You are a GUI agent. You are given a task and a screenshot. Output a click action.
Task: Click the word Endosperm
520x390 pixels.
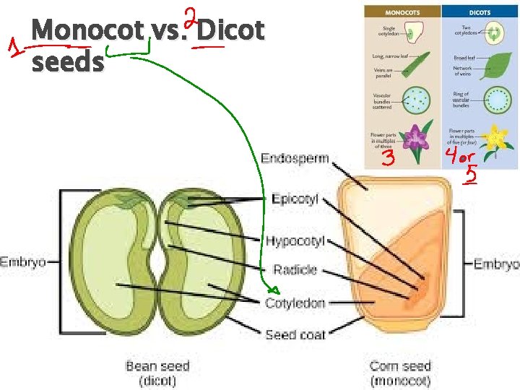click(x=294, y=158)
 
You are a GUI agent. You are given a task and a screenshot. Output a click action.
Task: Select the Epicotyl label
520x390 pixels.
click(x=294, y=199)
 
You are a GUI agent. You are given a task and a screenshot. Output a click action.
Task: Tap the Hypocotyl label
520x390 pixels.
click(x=295, y=240)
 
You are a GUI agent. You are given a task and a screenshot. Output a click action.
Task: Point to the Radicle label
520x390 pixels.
click(x=295, y=269)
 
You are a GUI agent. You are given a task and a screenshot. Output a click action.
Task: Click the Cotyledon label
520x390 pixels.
click(x=295, y=303)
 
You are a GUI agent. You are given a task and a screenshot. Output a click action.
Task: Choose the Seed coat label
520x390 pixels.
click(x=295, y=334)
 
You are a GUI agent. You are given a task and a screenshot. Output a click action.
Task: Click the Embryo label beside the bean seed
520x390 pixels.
click(x=22, y=261)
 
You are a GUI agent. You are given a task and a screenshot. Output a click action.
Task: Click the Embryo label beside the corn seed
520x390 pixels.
click(x=496, y=264)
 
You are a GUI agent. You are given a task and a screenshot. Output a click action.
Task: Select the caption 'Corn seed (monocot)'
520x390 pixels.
click(x=399, y=373)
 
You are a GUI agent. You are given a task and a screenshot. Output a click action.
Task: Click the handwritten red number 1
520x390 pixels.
click(x=13, y=50)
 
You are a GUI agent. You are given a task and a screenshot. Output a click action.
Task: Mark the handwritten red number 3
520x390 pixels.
click(x=388, y=159)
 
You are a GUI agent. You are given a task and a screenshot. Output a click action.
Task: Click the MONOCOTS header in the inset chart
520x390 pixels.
click(x=403, y=12)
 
